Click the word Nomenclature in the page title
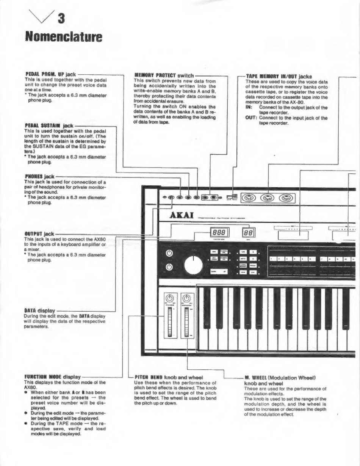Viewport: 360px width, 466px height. [x=64, y=37]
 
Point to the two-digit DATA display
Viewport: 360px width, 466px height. [x=248, y=232]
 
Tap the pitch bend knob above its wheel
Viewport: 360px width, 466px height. [x=170, y=298]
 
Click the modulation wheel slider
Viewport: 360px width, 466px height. [x=186, y=322]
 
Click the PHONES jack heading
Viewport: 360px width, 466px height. [x=39, y=177]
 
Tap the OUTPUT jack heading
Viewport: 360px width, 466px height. [x=39, y=234]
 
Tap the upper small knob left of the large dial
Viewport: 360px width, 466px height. [x=169, y=253]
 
